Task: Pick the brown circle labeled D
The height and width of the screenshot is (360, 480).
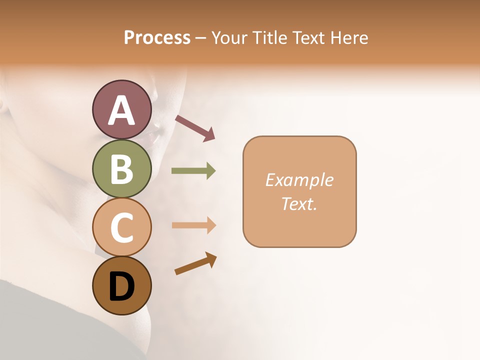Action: tap(121, 286)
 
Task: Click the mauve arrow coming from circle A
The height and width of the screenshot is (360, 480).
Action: tap(195, 128)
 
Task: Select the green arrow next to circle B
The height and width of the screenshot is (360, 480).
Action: tap(193, 171)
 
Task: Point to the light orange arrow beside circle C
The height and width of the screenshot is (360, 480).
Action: tap(193, 225)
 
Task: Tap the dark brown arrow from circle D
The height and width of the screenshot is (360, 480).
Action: tap(195, 263)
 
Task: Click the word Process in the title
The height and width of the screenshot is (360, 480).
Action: tap(157, 37)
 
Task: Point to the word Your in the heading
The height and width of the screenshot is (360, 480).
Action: tap(229, 37)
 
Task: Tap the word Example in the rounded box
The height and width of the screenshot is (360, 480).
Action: tap(299, 180)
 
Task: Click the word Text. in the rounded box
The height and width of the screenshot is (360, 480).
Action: tap(299, 203)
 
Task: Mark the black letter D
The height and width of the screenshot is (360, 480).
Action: tap(121, 287)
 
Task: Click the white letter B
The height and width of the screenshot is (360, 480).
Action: tap(121, 169)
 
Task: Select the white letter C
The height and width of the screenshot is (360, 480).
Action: tap(121, 227)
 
